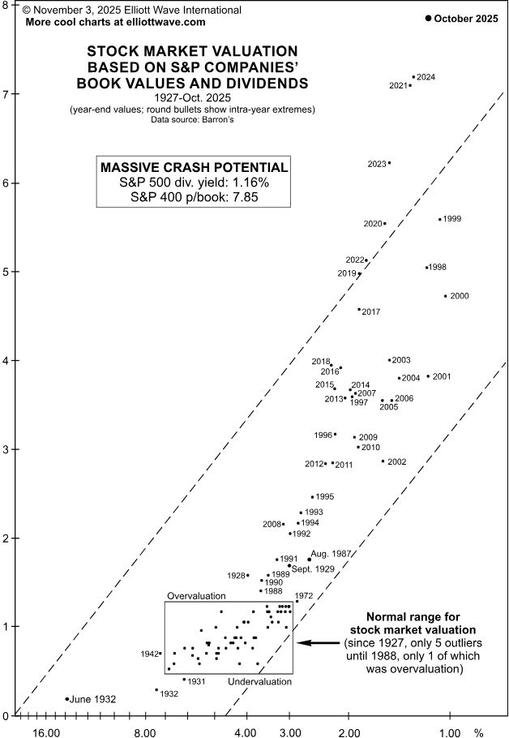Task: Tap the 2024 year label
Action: pyautogui.click(x=426, y=77)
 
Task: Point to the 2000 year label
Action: pyautogui.click(x=459, y=296)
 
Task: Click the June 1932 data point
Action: pyautogui.click(x=67, y=698)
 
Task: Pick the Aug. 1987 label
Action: pyautogui.click(x=331, y=553)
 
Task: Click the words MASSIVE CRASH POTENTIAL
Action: pyautogui.click(x=192, y=167)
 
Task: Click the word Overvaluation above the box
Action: pyautogui.click(x=196, y=596)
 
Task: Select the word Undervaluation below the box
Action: pyautogui.click(x=259, y=682)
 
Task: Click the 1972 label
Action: pyautogui.click(x=303, y=596)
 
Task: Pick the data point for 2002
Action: pyautogui.click(x=383, y=461)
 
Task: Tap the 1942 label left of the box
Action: pyautogui.click(x=149, y=654)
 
